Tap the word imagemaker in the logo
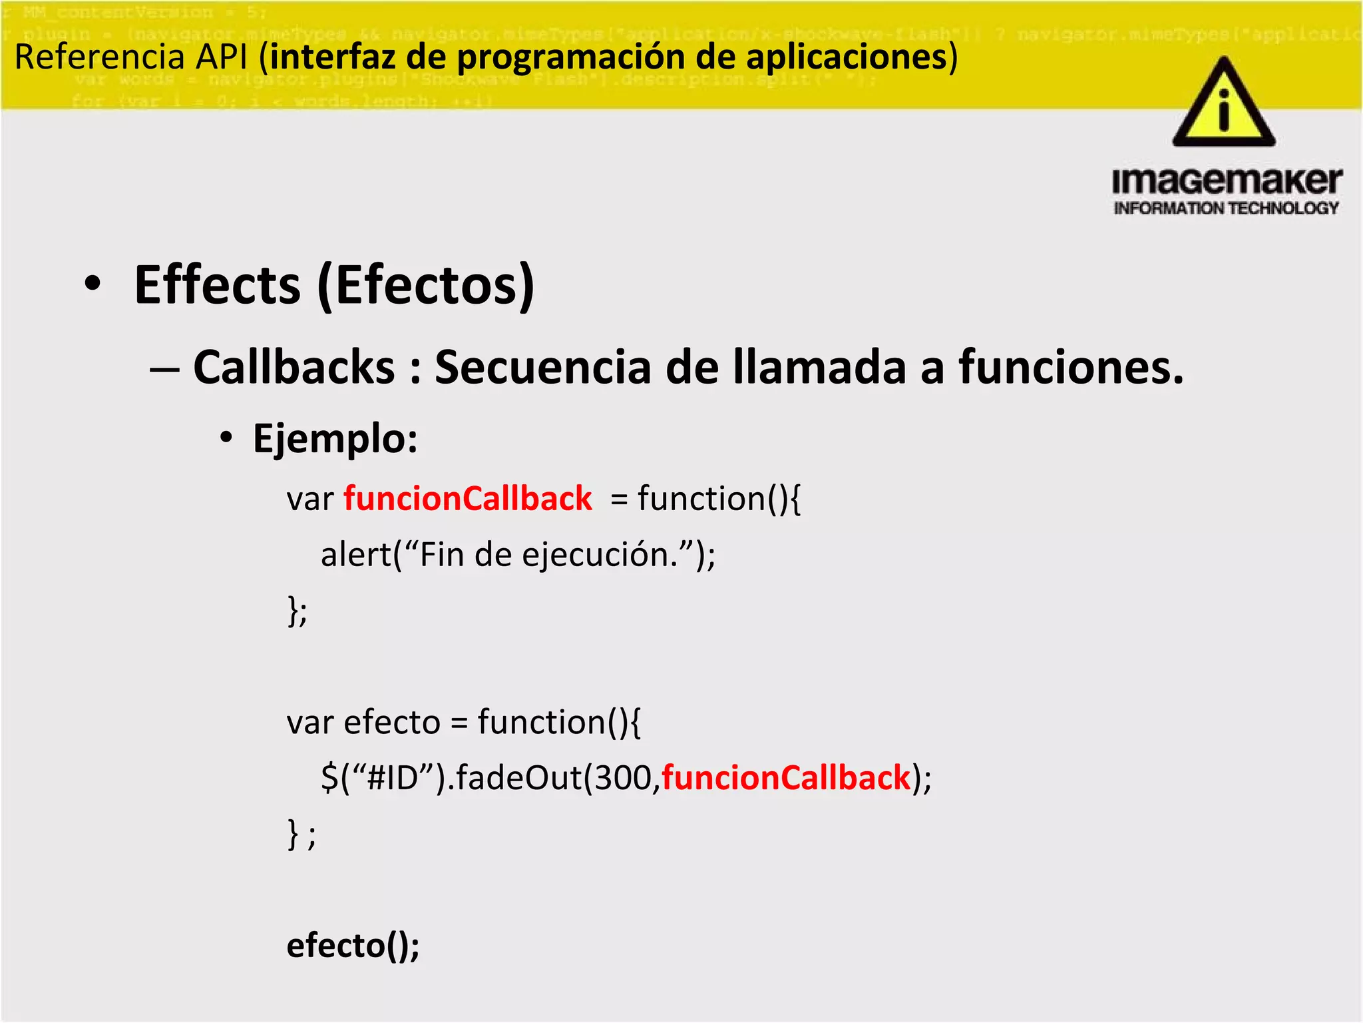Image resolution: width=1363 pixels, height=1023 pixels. coord(1227,181)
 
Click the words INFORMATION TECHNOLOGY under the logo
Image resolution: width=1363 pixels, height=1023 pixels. coord(1226,208)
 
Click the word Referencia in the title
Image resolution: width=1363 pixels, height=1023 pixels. coord(99,57)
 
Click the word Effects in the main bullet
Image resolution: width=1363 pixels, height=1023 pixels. coord(218,285)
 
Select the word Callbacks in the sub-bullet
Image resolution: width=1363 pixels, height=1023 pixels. coord(294,367)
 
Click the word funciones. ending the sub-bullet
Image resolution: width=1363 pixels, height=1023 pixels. coord(1071,367)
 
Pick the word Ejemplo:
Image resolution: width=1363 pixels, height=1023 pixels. coord(335,439)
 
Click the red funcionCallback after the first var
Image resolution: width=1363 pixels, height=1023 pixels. coord(468,499)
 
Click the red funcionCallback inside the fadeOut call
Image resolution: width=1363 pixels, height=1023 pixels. coord(786,777)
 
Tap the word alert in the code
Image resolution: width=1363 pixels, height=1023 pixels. coord(356,554)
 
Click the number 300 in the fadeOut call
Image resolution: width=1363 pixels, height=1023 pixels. coord(623,777)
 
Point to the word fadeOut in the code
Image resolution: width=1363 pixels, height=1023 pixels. coord(518,777)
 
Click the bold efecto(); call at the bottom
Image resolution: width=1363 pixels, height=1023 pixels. coord(353,946)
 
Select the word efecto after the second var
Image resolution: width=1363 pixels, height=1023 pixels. coord(392,722)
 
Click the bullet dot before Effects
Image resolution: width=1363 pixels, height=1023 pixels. coord(93,284)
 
